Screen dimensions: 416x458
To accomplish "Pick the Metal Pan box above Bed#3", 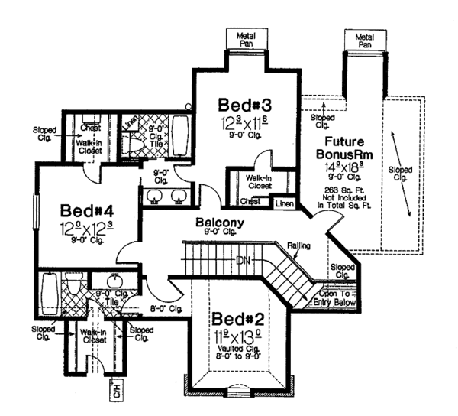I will pyautogui.click(x=244, y=37).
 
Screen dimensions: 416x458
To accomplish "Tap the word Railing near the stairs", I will pyautogui.click(x=298, y=246).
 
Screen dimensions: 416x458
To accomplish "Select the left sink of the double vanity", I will pyautogui.click(x=153, y=195).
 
